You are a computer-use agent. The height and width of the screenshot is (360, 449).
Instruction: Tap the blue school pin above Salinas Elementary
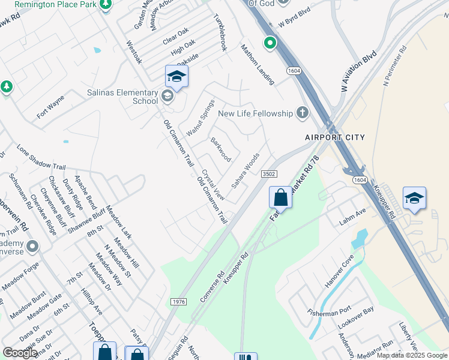176,77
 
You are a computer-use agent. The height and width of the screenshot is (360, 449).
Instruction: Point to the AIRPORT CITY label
334,137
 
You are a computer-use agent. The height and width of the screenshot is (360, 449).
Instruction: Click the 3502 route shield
268,174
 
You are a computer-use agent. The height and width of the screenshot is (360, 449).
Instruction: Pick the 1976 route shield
178,301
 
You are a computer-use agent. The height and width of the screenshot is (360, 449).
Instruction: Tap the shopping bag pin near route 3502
280,197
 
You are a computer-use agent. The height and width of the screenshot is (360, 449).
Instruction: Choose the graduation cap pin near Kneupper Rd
414,199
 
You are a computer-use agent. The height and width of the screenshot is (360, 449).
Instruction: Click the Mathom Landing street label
258,64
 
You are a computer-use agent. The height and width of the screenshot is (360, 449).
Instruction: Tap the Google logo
20,353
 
